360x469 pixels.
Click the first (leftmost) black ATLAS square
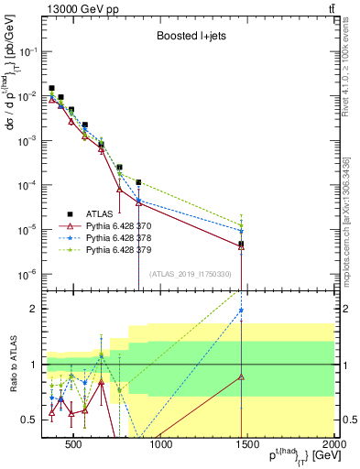click(x=51, y=88)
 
